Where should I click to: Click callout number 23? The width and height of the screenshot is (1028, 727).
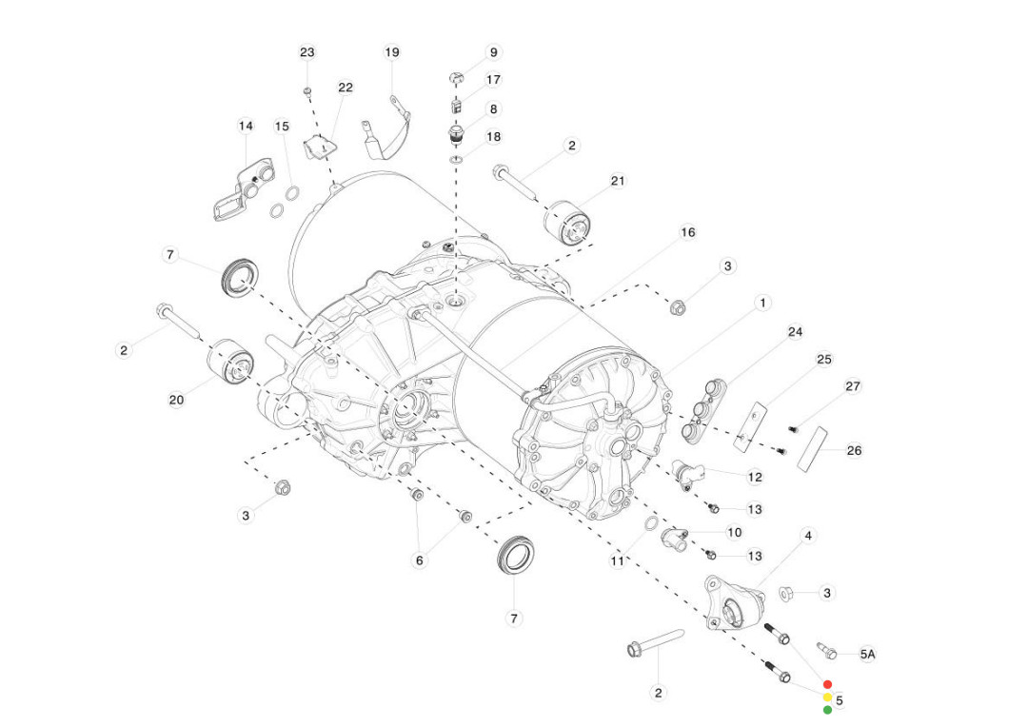pos(306,52)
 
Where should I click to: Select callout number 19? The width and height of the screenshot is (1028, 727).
pos(392,52)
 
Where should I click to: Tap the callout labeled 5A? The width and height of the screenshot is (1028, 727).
pos(867,655)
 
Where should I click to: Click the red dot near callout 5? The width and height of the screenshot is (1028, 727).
pos(827,684)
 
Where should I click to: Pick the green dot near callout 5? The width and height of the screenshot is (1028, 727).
pos(827,709)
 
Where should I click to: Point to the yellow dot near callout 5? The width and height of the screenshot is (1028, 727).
pos(827,697)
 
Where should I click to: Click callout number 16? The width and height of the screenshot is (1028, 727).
pos(687,232)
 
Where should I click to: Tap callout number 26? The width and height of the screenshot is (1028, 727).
pos(854,450)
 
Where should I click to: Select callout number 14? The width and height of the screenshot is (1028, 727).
pos(246,126)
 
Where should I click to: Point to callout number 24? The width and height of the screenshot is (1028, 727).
pos(795,332)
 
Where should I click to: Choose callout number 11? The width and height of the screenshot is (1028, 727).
pos(619,561)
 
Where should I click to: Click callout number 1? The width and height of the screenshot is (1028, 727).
pos(761,303)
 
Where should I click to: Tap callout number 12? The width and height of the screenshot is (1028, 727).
pos(755,477)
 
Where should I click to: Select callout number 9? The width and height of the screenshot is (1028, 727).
pos(492,52)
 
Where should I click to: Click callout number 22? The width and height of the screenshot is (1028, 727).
pos(345,88)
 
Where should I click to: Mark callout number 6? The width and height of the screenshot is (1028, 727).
pos(419,560)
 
